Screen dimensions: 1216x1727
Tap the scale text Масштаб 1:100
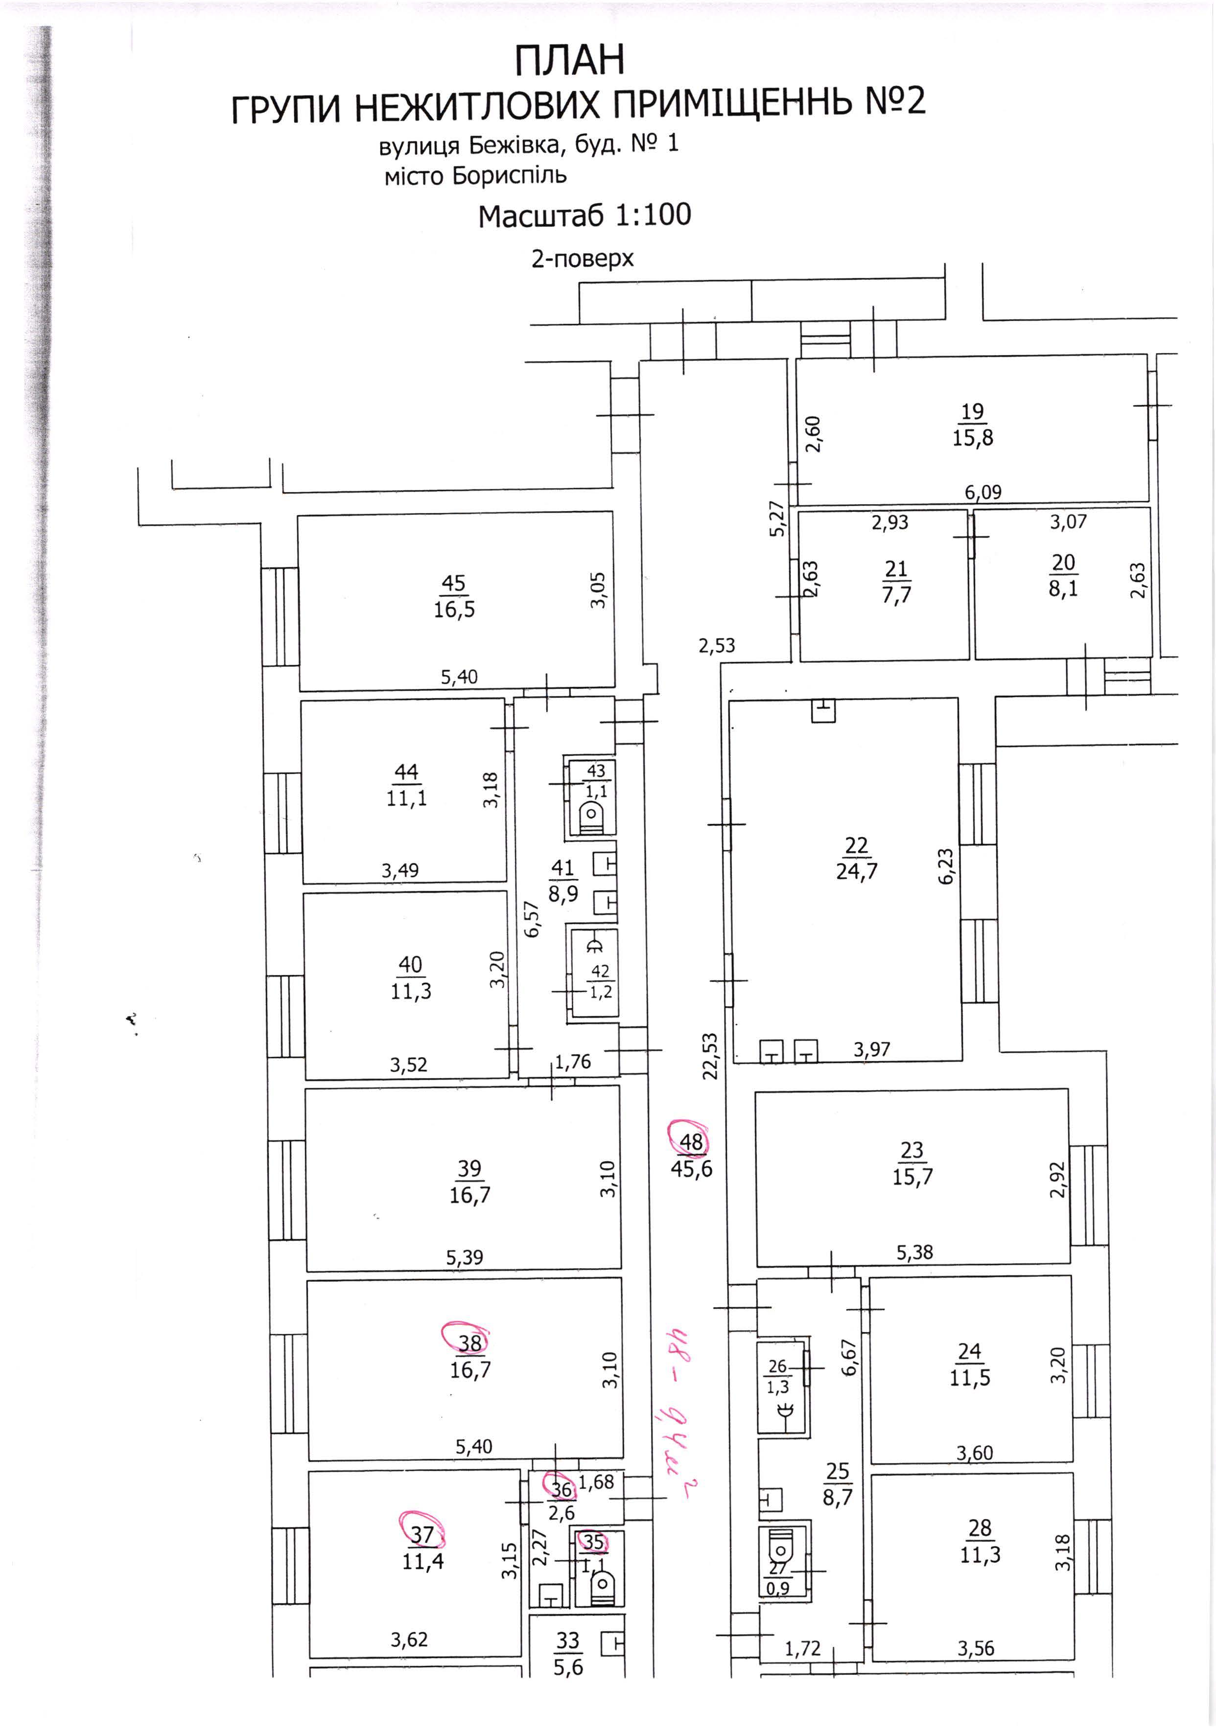tap(585, 215)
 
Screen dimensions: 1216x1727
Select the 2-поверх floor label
tap(583, 259)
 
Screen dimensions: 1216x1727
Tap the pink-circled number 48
tap(691, 1142)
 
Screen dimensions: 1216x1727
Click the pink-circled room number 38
tap(469, 1342)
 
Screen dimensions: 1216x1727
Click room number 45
tap(454, 584)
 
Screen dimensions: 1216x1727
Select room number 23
tap(912, 1150)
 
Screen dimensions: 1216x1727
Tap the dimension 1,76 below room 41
tap(573, 1062)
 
